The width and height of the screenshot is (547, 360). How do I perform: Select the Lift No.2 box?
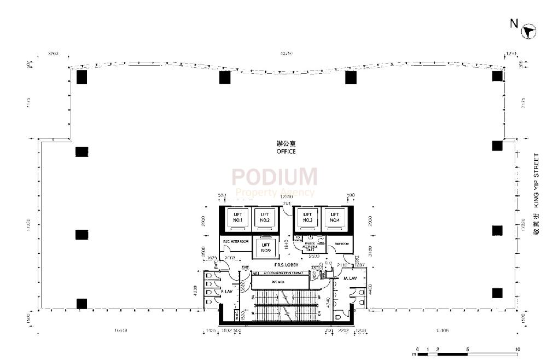pyautogui.click(x=265, y=217)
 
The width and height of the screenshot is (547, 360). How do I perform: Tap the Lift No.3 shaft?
pyautogui.click(x=307, y=217)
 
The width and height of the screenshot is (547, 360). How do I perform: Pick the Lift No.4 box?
pyautogui.click(x=335, y=217)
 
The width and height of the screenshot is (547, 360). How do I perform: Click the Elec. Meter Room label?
pyautogui.click(x=236, y=241)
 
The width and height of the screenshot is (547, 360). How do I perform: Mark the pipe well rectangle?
pyautogui.click(x=280, y=282)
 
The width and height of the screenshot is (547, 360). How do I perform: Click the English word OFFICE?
pyautogui.click(x=286, y=152)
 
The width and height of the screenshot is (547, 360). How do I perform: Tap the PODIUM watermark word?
pyautogui.click(x=275, y=177)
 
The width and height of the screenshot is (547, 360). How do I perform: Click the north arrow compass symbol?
pyautogui.click(x=528, y=32)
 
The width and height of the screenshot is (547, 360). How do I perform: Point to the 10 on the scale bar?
pyautogui.click(x=517, y=349)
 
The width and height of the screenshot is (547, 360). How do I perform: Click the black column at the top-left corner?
pyautogui.click(x=82, y=77)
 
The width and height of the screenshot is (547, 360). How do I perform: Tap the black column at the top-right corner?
pyautogui.click(x=497, y=76)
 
